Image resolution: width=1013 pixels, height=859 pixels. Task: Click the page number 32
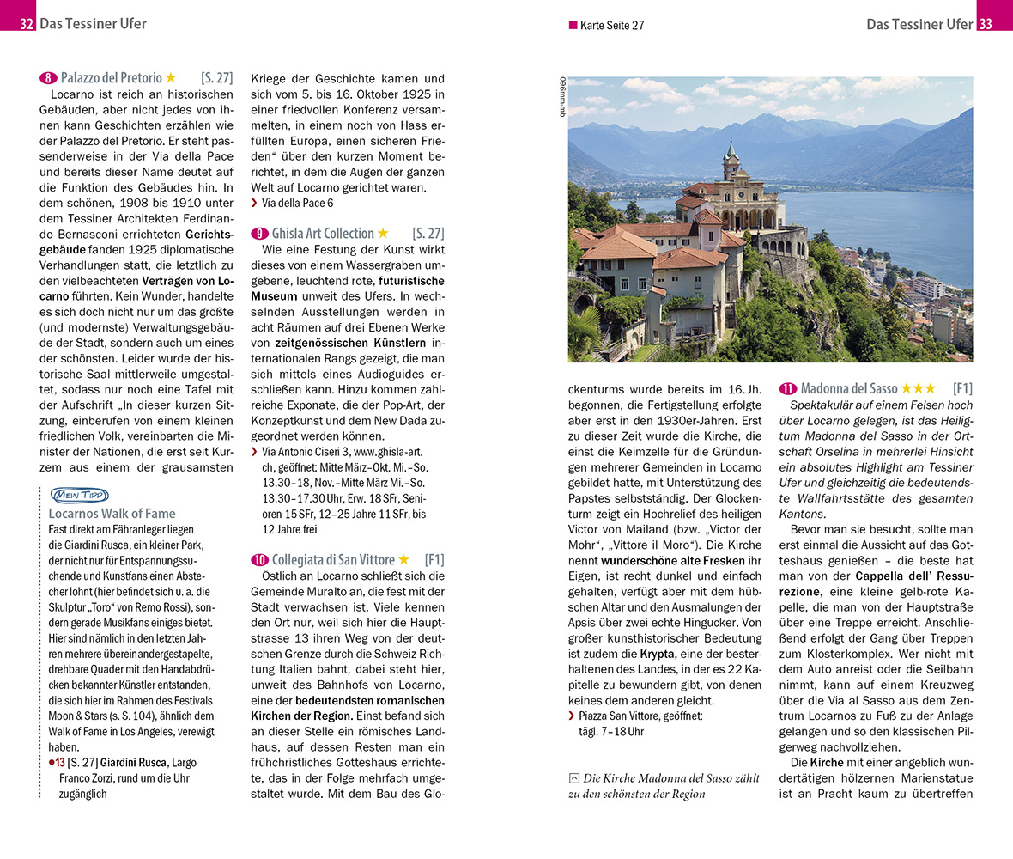pos(27,24)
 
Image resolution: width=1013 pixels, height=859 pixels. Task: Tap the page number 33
pos(985,24)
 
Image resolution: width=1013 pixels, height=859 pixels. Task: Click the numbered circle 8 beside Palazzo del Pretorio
pos(48,77)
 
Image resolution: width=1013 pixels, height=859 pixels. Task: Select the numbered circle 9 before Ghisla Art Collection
pos(259,234)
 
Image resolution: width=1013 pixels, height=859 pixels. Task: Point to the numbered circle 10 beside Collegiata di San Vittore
pos(259,560)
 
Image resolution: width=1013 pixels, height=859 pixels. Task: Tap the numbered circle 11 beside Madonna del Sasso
pos(787,388)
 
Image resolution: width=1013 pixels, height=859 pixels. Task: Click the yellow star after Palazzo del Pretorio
pos(171,77)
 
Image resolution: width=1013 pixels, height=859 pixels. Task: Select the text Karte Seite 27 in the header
pos(612,26)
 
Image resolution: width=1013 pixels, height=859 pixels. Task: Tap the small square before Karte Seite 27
pos(573,26)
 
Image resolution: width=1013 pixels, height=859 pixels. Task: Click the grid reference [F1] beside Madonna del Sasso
pos(962,388)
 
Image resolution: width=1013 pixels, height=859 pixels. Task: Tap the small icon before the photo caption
pos(573,778)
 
